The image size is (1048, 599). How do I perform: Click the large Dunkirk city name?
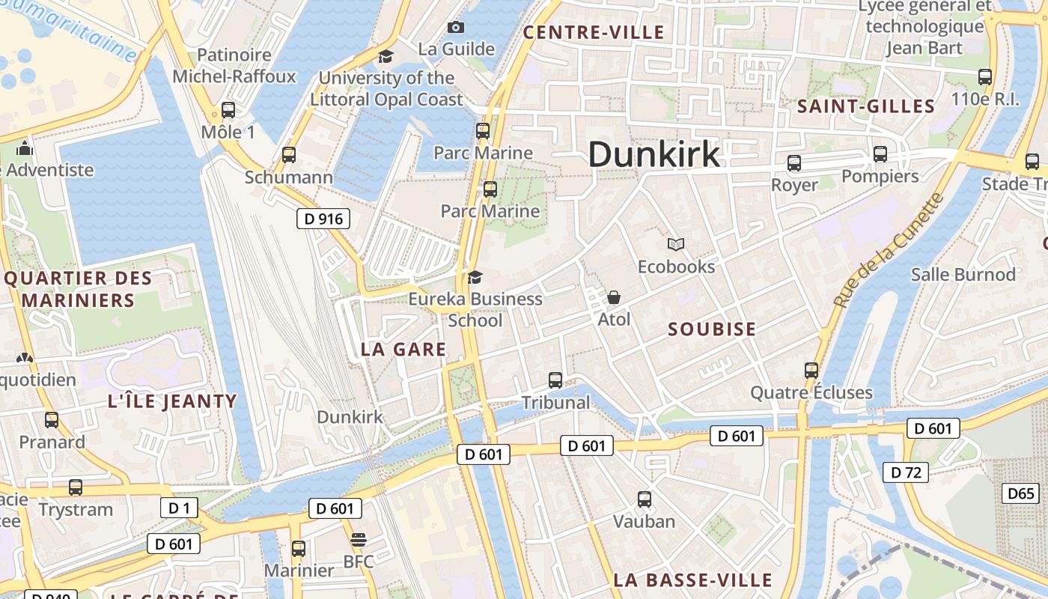click(x=654, y=154)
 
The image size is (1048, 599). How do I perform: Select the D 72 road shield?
click(x=905, y=472)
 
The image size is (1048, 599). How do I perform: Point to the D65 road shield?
click(x=1020, y=493)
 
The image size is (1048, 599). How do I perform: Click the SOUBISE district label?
click(x=711, y=329)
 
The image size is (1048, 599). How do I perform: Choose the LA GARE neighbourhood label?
click(x=403, y=349)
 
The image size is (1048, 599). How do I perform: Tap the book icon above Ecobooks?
click(x=676, y=244)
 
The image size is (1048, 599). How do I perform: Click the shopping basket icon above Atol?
click(x=614, y=297)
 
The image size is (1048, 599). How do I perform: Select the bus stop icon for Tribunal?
click(x=555, y=380)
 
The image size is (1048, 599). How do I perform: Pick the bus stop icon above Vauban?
click(x=644, y=499)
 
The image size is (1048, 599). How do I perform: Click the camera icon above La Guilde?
click(x=456, y=28)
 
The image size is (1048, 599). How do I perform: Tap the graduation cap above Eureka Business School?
click(x=475, y=278)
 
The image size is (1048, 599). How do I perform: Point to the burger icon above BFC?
click(x=359, y=540)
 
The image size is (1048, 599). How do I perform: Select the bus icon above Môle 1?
click(x=228, y=110)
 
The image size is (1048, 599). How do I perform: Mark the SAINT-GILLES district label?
click(x=866, y=106)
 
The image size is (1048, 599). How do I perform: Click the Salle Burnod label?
click(x=963, y=274)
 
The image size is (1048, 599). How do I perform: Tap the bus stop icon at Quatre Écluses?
click(x=811, y=370)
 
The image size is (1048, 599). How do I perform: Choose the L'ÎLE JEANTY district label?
click(x=172, y=401)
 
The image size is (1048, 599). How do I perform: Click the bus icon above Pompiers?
click(x=880, y=154)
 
